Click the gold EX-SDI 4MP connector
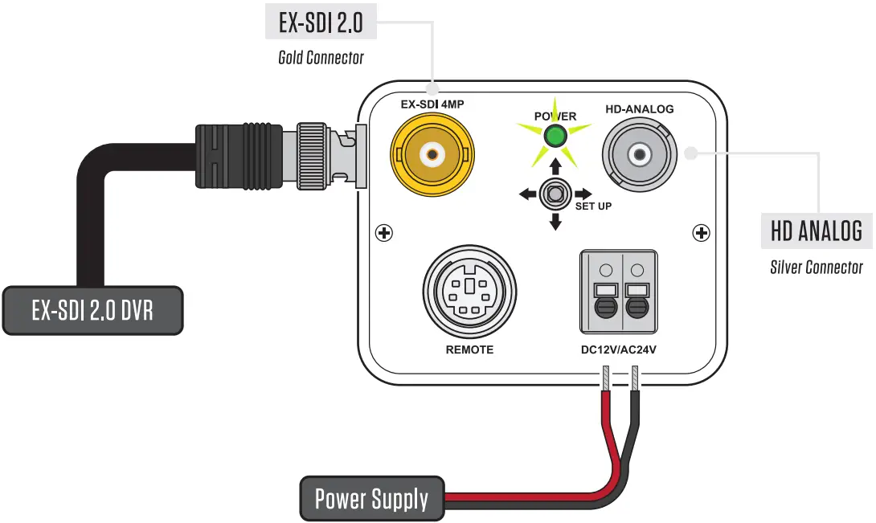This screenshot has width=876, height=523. click(432, 153)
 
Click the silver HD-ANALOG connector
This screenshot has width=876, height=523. click(640, 154)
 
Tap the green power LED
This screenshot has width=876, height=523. click(555, 137)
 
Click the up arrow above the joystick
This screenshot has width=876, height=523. click(555, 166)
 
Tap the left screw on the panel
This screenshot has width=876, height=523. click(385, 234)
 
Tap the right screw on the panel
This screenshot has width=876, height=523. click(702, 234)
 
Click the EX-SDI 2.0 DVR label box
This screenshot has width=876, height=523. click(92, 310)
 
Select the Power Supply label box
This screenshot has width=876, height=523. click(371, 499)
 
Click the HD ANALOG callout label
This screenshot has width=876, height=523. click(817, 231)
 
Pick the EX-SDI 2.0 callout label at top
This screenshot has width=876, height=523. click(321, 23)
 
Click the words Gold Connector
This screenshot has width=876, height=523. click(321, 58)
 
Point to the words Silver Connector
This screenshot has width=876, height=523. click(817, 268)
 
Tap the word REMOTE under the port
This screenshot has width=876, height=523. click(469, 350)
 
